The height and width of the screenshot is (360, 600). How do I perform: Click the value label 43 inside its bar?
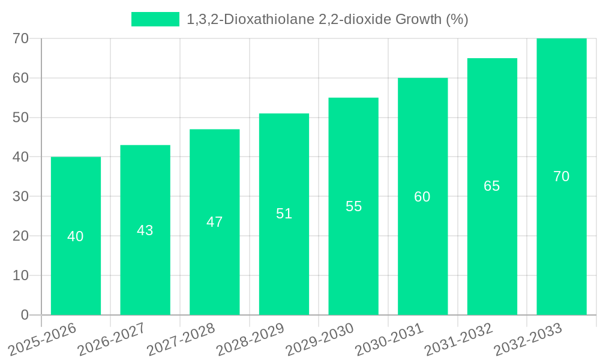pyautogui.click(x=145, y=230)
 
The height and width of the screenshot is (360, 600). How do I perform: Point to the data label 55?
pyautogui.click(x=353, y=206)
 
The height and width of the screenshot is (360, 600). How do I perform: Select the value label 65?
pyautogui.click(x=491, y=186)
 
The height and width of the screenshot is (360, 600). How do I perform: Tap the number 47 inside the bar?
pyautogui.click(x=214, y=222)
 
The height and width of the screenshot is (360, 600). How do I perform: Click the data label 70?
pyautogui.click(x=561, y=176)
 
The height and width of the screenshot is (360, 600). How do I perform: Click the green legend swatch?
pyautogui.click(x=155, y=19)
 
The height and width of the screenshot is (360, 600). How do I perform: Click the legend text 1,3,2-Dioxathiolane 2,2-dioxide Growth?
pyautogui.click(x=327, y=19)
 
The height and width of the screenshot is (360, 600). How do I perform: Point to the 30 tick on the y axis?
pyautogui.click(x=20, y=196)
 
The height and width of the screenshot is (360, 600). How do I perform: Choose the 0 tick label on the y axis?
pyautogui.click(x=25, y=315)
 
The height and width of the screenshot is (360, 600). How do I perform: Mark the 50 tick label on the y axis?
pyautogui.click(x=20, y=118)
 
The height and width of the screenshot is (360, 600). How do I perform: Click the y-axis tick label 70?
pyautogui.click(x=20, y=38)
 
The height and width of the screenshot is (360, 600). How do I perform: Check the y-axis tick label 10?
pyautogui.click(x=20, y=275)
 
